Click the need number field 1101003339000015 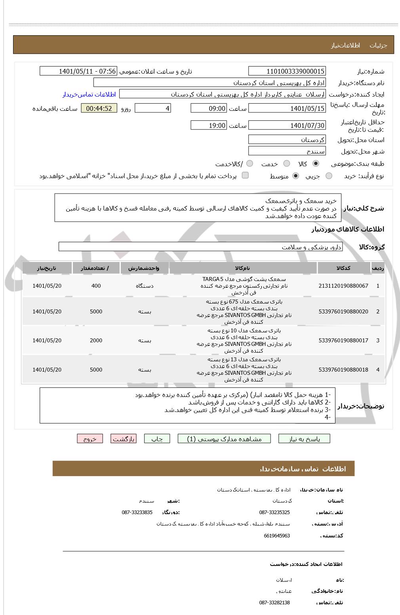point(287,71)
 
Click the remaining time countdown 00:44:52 point(99,108)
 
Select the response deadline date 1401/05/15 point(287,108)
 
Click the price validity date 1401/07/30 point(287,125)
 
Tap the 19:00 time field point(209,125)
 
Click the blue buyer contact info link point(89,94)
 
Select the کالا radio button point(316,163)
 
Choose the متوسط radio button point(295,176)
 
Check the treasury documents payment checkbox point(245,175)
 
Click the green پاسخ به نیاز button point(304,439)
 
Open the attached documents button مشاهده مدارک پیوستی point(225,439)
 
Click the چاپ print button point(157,439)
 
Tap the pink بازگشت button point(124,439)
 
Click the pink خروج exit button point(90,439)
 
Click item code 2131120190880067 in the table point(343,286)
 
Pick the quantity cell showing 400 point(96,286)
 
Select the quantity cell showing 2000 point(96,340)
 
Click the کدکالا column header point(343,268)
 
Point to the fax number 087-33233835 point(137,512)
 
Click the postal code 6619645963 point(277,535)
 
